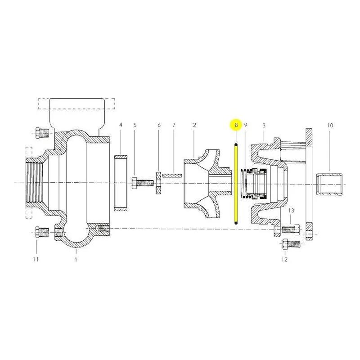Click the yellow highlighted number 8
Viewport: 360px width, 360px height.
click(x=236, y=125)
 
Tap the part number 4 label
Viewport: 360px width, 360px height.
click(x=121, y=125)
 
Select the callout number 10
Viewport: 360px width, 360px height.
click(x=330, y=126)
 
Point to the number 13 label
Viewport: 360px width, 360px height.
click(x=291, y=211)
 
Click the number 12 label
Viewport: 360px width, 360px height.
click(x=284, y=260)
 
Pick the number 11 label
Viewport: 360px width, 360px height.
click(x=36, y=259)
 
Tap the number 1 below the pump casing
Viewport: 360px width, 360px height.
click(x=76, y=260)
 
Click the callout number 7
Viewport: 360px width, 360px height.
click(x=174, y=125)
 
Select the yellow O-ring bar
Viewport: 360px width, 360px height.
click(x=236, y=184)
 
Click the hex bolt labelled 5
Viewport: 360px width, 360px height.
click(x=143, y=183)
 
